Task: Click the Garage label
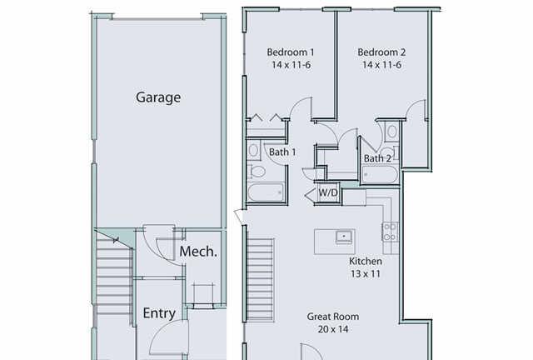[x=158, y=97]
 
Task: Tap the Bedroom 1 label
[x=291, y=52]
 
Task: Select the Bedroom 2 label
[x=381, y=52]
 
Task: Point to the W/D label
[x=328, y=193]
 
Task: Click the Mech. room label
[x=198, y=252]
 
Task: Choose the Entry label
[x=159, y=313]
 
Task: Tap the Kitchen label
[x=366, y=262]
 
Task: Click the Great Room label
[x=333, y=317]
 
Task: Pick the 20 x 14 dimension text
[x=333, y=329]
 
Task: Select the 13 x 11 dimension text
[x=366, y=274]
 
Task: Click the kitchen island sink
[x=345, y=237]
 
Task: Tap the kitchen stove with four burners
[x=390, y=232]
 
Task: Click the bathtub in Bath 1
[x=266, y=193]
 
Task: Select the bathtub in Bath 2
[x=380, y=174]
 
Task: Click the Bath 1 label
[x=282, y=152]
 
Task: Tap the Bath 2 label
[x=377, y=158]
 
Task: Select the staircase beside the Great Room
[x=260, y=280]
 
